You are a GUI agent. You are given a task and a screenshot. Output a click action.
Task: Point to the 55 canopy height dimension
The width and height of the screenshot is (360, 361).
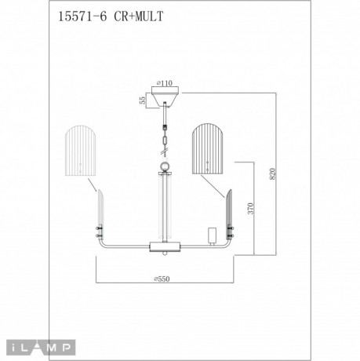tap(143, 101)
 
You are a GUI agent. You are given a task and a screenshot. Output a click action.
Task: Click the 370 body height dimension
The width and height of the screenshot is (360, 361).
tap(250, 209)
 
